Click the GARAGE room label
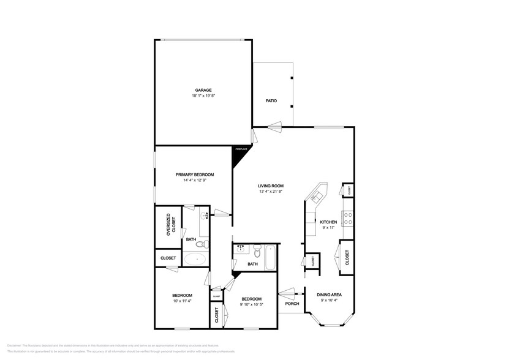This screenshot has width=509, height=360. pos(203,90)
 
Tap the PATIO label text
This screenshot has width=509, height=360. pos(271,100)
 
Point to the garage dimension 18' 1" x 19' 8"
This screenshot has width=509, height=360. pos(203,96)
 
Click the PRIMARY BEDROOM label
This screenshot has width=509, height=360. pos(194,174)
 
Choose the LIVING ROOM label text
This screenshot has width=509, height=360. pos(270,186)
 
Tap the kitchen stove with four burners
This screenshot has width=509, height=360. pos(348,218)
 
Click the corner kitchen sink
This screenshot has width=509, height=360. pos(317,196)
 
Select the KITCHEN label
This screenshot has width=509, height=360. pos(328,222)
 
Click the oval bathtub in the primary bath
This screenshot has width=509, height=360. pos(196,258)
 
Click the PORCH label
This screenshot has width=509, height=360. pos(292,304)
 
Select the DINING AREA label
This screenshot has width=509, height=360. pos(329,295)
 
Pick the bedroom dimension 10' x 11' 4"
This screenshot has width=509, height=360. pos(182,301)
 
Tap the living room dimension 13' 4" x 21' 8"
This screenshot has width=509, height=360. pos(270,192)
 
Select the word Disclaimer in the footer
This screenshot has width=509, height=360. pos(15,345)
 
